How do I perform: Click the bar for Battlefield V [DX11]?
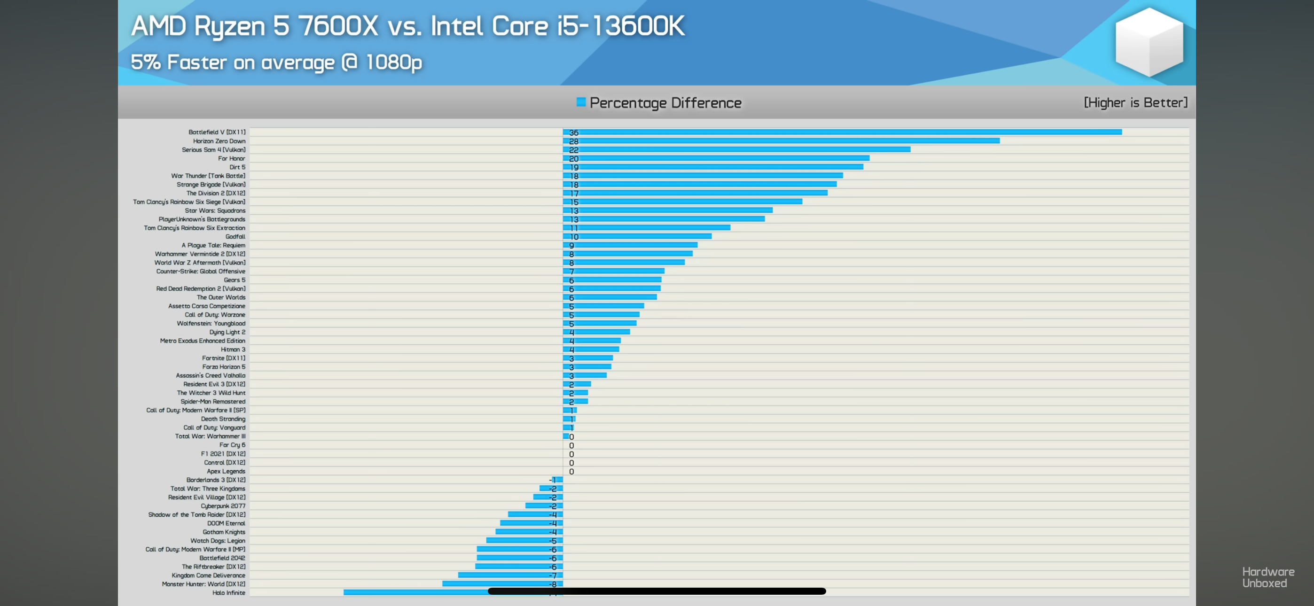pyautogui.click(x=842, y=132)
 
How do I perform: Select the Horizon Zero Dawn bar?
pyautogui.click(x=781, y=141)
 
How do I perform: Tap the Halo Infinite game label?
pyautogui.click(x=228, y=593)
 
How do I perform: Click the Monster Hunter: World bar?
pyautogui.click(x=502, y=583)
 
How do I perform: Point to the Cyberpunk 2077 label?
pyautogui.click(x=222, y=506)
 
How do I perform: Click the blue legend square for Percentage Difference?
pyautogui.click(x=580, y=102)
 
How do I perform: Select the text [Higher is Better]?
pyautogui.click(x=1135, y=102)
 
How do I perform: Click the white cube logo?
pyautogui.click(x=1149, y=42)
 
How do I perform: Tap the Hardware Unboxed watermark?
pyautogui.click(x=1267, y=577)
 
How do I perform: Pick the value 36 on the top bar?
pyautogui.click(x=573, y=132)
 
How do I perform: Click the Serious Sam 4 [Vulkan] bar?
pyautogui.click(x=736, y=149)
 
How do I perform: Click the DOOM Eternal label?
pyautogui.click(x=226, y=523)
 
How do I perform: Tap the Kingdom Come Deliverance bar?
pyautogui.click(x=510, y=575)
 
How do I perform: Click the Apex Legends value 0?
pyautogui.click(x=571, y=471)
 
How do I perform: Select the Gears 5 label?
pyautogui.click(x=234, y=280)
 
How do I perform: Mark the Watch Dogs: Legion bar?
pyautogui.click(x=524, y=540)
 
